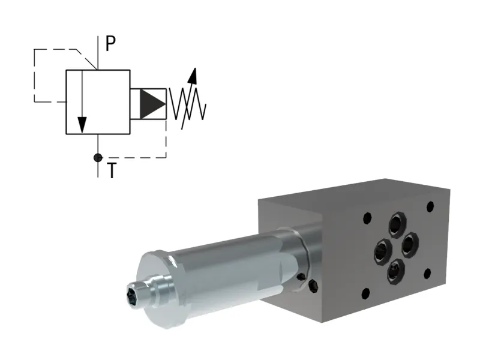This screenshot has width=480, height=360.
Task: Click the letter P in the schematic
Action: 110,43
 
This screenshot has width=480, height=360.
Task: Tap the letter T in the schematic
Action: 112,170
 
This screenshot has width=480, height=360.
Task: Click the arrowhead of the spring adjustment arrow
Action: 193,75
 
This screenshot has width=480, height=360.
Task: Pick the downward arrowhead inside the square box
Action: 82,125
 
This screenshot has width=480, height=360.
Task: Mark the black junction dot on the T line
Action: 98,158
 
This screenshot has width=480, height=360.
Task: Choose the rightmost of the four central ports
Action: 410,244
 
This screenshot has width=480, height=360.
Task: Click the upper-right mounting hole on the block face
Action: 430,208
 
